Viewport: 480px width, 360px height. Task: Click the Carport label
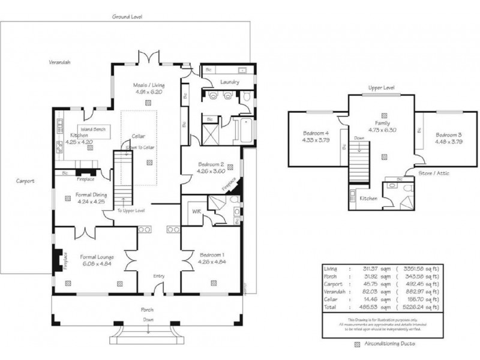coord(25,181)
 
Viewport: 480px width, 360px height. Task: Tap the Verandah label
coord(60,62)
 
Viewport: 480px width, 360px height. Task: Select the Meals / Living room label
coord(149,85)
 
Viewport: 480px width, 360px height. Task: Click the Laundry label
coord(230,82)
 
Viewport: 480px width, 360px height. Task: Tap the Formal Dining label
coord(91,194)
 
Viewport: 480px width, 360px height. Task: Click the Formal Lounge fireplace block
coord(58,260)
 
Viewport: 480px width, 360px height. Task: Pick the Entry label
coord(158,276)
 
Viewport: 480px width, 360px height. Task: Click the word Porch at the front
coord(148,310)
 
